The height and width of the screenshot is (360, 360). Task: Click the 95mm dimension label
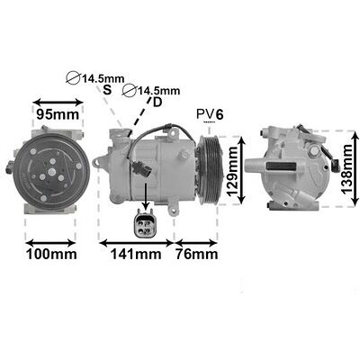pyautogui.click(x=58, y=114)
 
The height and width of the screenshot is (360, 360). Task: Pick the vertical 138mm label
pyautogui.click(x=346, y=169)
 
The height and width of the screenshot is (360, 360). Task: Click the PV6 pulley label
pyautogui.click(x=210, y=114)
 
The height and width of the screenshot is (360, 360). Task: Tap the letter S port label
pyautogui.click(x=107, y=89)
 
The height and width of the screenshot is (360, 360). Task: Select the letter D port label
pyautogui.click(x=157, y=103)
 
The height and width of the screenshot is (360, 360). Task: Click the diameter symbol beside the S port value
pyautogui.click(x=73, y=78)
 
